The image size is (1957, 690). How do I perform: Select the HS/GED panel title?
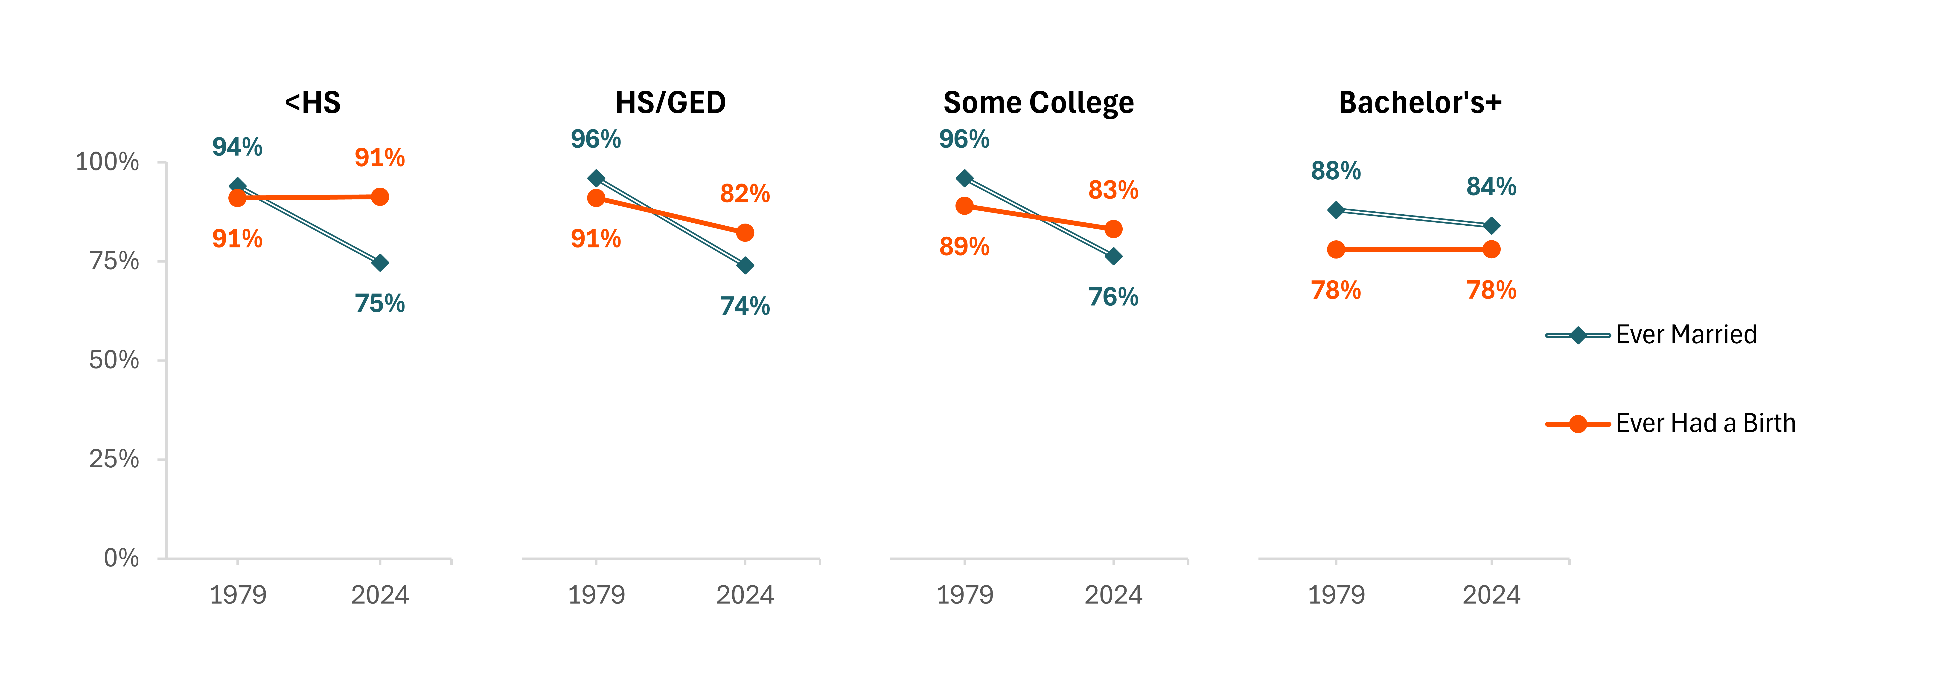click(671, 103)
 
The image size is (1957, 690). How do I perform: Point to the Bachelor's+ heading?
click(1420, 103)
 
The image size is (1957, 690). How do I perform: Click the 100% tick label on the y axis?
click(107, 162)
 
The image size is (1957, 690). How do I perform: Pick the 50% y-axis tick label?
click(114, 360)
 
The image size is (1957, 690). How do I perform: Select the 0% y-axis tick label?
click(122, 558)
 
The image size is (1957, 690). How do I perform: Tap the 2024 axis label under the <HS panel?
click(380, 594)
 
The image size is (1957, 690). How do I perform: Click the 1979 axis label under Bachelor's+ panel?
click(1336, 594)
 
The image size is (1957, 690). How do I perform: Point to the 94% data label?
click(237, 147)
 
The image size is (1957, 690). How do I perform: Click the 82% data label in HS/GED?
click(745, 194)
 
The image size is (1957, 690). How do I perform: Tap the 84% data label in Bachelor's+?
click(1491, 186)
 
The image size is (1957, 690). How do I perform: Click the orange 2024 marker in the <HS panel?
click(380, 197)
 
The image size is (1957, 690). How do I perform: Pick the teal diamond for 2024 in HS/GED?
click(745, 266)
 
